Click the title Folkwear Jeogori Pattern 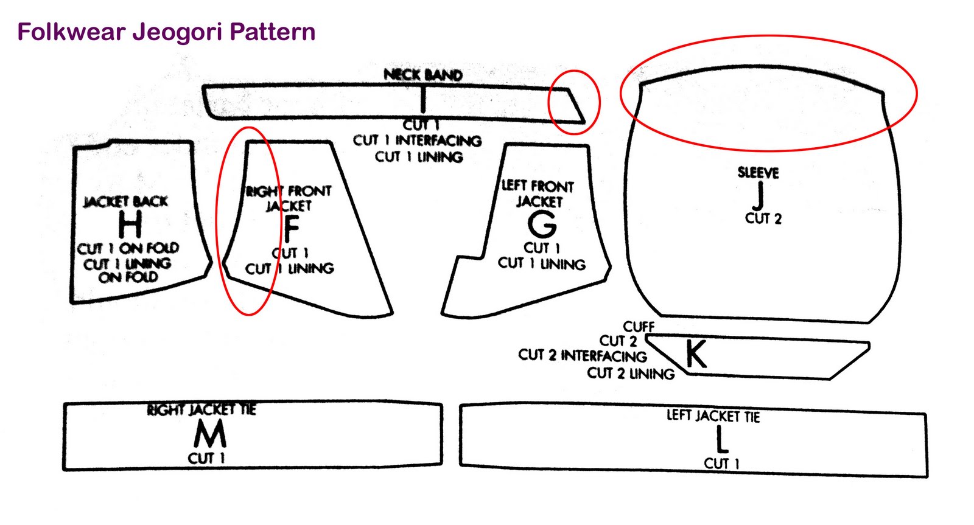point(166,32)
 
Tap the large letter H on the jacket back point(130,224)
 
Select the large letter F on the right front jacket point(292,229)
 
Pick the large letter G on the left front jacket point(542,224)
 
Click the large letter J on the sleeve point(759,195)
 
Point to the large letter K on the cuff point(696,354)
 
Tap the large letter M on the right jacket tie point(210,434)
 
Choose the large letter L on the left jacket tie point(721,439)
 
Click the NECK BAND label point(423,75)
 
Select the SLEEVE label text point(759,173)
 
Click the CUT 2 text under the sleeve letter point(763,218)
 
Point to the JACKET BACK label point(125,201)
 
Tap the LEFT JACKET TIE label point(713,416)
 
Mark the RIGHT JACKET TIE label point(201,409)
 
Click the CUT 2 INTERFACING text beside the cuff point(583,355)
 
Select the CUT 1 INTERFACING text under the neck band point(418,141)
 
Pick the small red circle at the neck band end point(574,102)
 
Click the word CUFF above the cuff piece point(639,327)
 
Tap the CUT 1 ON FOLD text point(128,248)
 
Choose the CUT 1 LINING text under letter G point(542,263)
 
